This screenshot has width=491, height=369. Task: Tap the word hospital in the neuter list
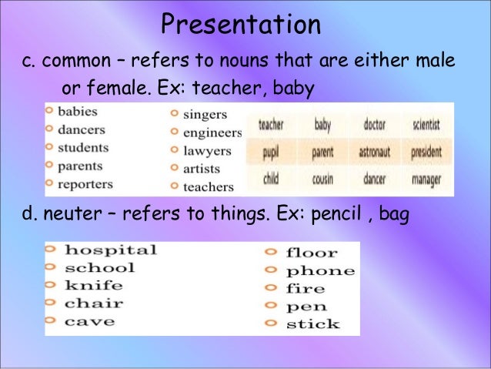(x=110, y=250)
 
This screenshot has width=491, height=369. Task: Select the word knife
(x=93, y=286)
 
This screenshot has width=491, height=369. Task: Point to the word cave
(x=89, y=321)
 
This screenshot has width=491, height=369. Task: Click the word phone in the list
(x=320, y=271)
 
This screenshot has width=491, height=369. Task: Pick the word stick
(x=312, y=324)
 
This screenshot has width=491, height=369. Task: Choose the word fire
(x=306, y=289)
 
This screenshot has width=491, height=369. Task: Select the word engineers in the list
(x=212, y=133)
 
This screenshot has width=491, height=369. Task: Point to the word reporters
(x=85, y=184)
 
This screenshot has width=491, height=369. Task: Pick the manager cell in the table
(x=426, y=180)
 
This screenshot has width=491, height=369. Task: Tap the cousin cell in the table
(x=322, y=180)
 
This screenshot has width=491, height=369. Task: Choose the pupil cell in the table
(x=270, y=153)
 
